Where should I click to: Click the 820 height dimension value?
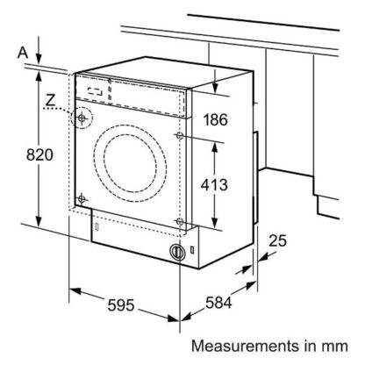39,154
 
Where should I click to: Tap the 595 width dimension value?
121,305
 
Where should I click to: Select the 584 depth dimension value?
218,303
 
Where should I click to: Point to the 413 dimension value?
214,185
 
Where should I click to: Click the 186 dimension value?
216,119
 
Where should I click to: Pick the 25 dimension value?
278,240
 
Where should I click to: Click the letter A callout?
23,53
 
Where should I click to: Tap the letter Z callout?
51,100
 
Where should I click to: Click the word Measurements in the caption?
246,347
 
